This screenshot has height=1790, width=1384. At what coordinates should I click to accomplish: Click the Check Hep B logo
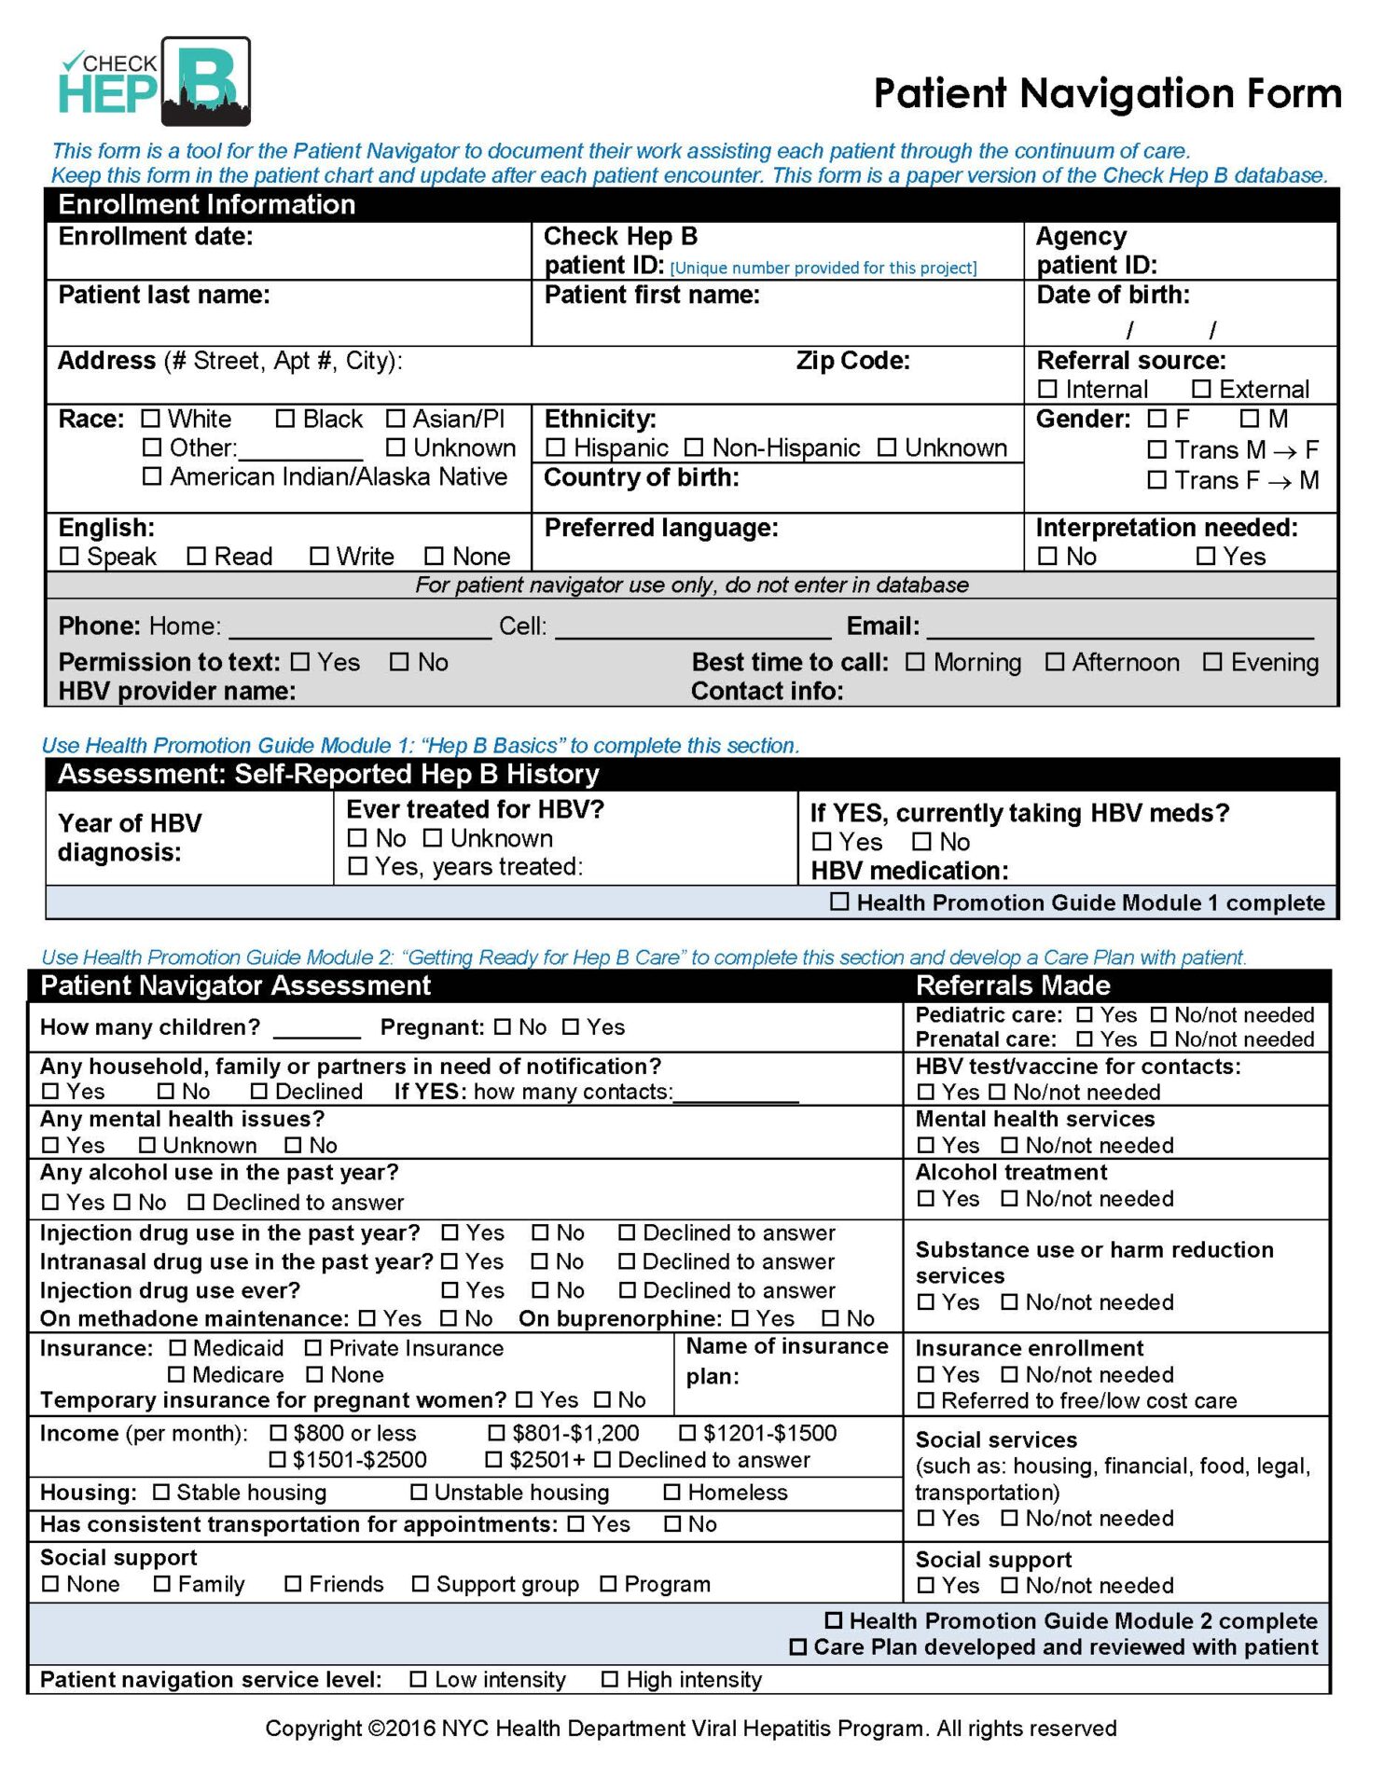pyautogui.click(x=155, y=82)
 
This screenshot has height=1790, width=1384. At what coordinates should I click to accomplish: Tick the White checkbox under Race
pyautogui.click(x=151, y=419)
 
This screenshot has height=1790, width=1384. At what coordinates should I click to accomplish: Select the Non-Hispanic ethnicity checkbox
pyautogui.click(x=694, y=448)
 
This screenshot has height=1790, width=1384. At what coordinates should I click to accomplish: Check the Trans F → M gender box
pyautogui.click(x=1157, y=480)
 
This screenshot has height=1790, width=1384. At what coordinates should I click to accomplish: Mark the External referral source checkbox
pyautogui.click(x=1201, y=389)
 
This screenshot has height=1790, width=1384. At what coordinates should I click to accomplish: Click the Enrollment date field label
pyautogui.click(x=156, y=237)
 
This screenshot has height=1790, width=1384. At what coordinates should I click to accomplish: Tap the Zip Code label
pyautogui.click(x=852, y=361)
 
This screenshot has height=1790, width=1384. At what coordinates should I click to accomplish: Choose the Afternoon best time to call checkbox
pyautogui.click(x=1055, y=662)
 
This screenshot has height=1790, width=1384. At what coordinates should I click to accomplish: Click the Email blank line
pyautogui.click(x=1119, y=628)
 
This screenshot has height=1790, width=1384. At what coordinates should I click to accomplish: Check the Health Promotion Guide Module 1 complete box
pyautogui.click(x=839, y=902)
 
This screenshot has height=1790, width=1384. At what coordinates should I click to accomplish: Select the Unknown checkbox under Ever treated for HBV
pyautogui.click(x=433, y=838)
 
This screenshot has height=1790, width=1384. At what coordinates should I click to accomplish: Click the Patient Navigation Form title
pyautogui.click(x=1107, y=93)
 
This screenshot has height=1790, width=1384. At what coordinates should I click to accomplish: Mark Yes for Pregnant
pyautogui.click(x=571, y=1026)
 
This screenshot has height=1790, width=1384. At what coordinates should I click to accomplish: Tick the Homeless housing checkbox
pyautogui.click(x=671, y=1492)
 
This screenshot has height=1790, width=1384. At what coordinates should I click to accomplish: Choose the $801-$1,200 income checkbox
pyautogui.click(x=495, y=1433)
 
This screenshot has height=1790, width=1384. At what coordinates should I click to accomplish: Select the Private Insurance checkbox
pyautogui.click(x=313, y=1348)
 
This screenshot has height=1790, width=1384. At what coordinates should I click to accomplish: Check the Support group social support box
pyautogui.click(x=421, y=1584)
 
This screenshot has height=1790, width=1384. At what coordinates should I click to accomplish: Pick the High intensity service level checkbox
pyautogui.click(x=610, y=1679)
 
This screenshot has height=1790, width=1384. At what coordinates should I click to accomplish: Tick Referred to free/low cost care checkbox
pyautogui.click(x=925, y=1400)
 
